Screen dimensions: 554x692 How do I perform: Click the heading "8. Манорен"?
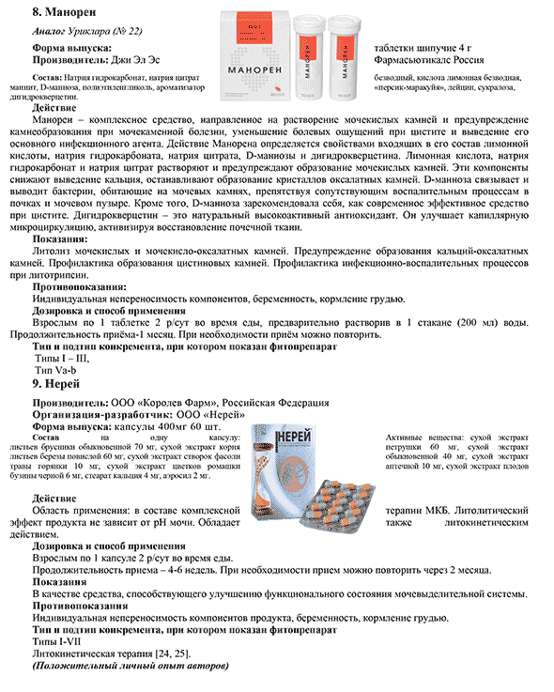(x=64, y=12)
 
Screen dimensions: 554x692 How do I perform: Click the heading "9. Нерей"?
(x=56, y=384)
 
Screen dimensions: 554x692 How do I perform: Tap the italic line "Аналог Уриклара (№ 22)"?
(x=87, y=31)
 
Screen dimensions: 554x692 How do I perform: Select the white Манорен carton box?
(x=255, y=56)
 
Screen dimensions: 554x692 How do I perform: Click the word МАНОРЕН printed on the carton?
(x=254, y=69)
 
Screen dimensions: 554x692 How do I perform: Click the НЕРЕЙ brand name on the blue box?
(x=295, y=436)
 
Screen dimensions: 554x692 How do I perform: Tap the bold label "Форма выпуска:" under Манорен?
(x=72, y=48)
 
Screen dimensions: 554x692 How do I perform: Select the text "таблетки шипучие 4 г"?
(x=423, y=48)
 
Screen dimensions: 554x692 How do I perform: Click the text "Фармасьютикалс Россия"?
(x=429, y=60)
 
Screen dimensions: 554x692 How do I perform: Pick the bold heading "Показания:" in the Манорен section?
(x=60, y=239)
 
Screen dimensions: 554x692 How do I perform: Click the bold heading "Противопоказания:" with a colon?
(x=80, y=287)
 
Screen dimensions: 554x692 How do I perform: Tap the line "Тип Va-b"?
(x=55, y=370)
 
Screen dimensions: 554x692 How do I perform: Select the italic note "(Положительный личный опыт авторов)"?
(x=131, y=666)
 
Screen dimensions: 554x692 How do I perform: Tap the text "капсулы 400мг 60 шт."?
(x=167, y=427)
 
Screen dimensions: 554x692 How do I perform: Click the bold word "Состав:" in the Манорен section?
(x=47, y=78)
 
